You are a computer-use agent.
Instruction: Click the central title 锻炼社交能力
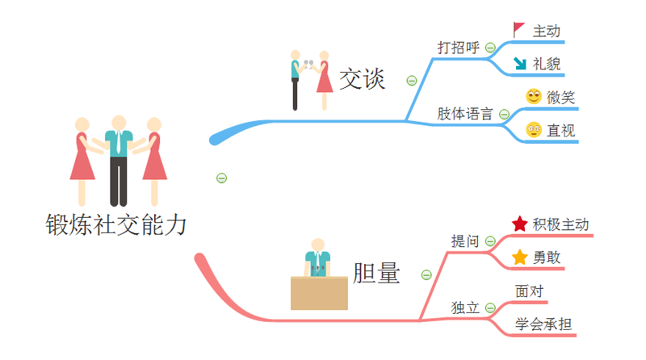pos(116,224)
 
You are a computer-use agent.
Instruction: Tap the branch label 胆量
pos(376,274)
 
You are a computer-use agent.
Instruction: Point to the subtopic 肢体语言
pos(465,114)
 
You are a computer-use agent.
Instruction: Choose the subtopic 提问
pos(465,241)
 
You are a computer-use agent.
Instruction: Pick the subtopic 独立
pos(465,308)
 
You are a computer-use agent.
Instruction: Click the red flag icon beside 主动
pos(518,30)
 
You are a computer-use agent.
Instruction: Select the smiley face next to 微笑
pos(533,97)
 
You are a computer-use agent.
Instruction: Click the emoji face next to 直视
pos(533,130)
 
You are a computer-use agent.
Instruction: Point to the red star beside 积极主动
pos(520,224)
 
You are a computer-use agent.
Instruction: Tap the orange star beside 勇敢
pos(519,258)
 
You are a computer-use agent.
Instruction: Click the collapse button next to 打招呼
pos(490,48)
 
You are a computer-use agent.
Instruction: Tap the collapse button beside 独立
pos(490,308)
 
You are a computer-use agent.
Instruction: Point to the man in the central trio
pos(119,157)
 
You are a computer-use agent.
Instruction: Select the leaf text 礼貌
pos(547,64)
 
